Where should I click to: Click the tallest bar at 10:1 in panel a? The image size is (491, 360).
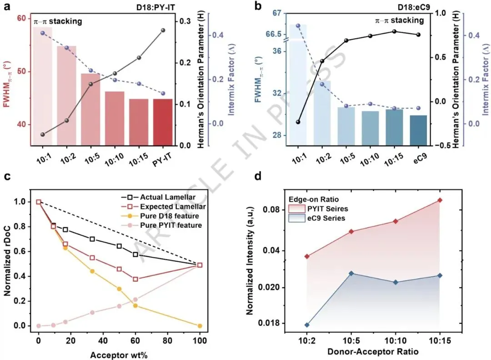pos(42,86)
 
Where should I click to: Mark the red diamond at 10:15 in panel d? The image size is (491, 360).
pos(440,200)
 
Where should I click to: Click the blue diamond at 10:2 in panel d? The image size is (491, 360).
pos(307,325)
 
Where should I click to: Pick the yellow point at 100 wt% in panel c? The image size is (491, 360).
pos(200,325)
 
